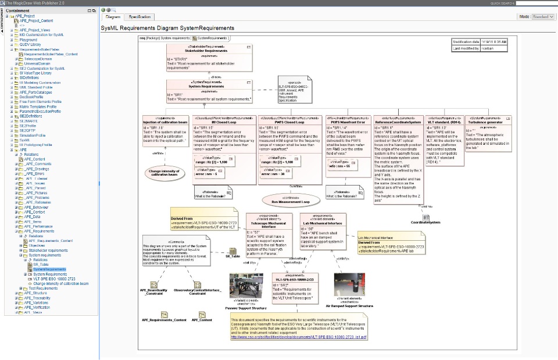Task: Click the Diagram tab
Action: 113,17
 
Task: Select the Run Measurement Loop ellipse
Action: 291,202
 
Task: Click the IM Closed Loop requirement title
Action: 224,123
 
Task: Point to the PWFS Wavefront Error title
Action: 347,123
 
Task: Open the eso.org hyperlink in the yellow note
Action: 299,337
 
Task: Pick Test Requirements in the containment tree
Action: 43,288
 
